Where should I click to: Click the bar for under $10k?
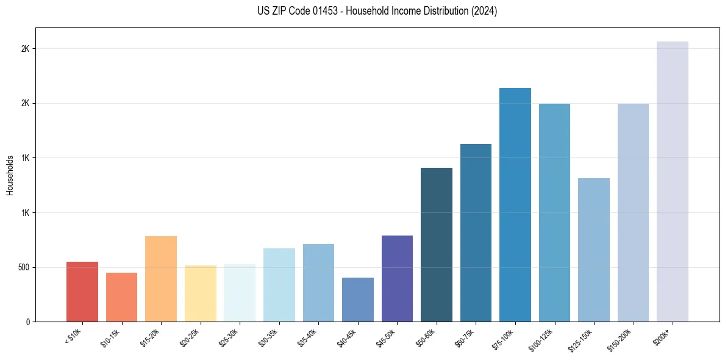pyautogui.click(x=82, y=292)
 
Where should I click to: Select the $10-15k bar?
pyautogui.click(x=121, y=297)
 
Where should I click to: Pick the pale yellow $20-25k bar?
pyautogui.click(x=200, y=293)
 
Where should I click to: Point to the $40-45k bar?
pyautogui.click(x=358, y=300)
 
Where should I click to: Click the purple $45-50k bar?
pyautogui.click(x=397, y=278)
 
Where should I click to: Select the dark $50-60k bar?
pyautogui.click(x=437, y=245)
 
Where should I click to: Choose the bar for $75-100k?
pyautogui.click(x=515, y=204)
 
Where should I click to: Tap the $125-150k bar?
pyautogui.click(x=594, y=250)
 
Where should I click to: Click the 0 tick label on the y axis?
pyautogui.click(x=27, y=322)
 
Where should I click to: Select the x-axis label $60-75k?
pyautogui.click(x=466, y=337)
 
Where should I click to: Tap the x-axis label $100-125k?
pyautogui.click(x=543, y=339)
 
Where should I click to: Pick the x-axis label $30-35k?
pyautogui.click(x=269, y=337)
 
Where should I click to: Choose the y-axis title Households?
pyautogui.click(x=10, y=175)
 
